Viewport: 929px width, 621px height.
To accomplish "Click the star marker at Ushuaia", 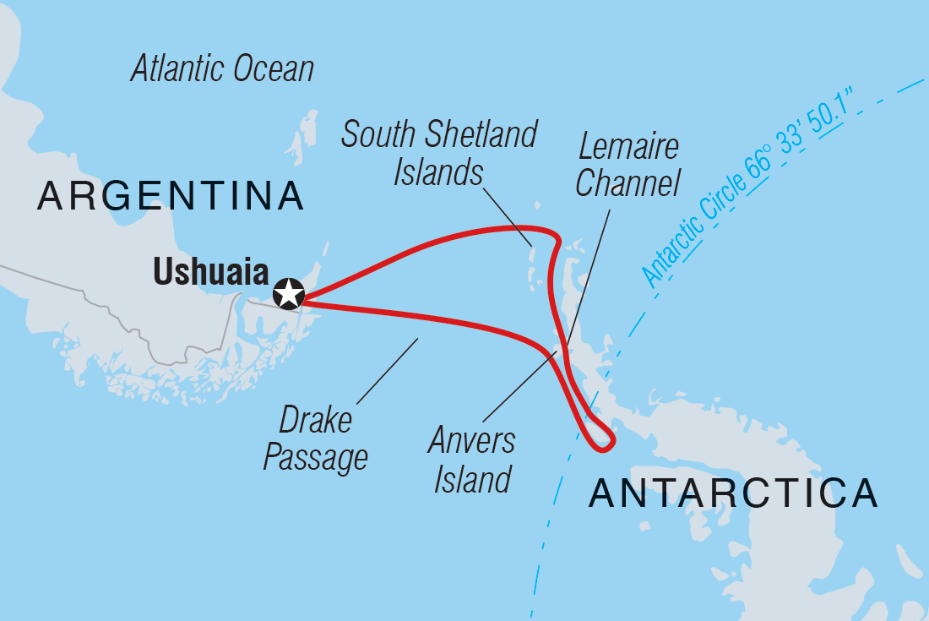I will click(289, 293).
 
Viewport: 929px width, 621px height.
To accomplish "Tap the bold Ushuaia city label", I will click(210, 273).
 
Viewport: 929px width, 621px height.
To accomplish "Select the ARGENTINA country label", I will click(170, 196).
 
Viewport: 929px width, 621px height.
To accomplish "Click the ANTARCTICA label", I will click(733, 493).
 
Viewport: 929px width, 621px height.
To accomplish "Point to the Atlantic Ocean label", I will click(222, 69).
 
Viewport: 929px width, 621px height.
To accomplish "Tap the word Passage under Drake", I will click(316, 457).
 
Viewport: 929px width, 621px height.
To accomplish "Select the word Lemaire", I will click(628, 147).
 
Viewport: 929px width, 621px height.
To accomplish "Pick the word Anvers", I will click(471, 441).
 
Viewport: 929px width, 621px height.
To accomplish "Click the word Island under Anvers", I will click(472, 479).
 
